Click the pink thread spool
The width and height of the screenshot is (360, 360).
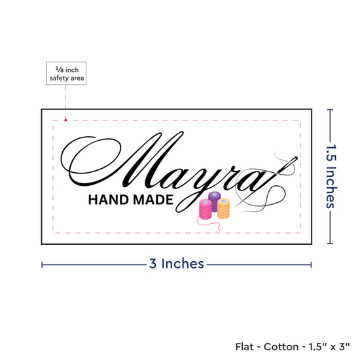[x=206, y=209]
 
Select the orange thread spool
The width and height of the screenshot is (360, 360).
[x=223, y=208]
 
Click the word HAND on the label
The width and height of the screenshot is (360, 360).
[x=109, y=200]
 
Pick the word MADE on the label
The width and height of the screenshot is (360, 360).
[x=153, y=200]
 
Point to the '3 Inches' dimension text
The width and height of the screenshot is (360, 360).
[x=176, y=264]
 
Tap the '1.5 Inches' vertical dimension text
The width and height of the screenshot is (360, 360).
[x=331, y=176]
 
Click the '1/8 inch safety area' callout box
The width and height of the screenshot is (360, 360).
[x=66, y=73]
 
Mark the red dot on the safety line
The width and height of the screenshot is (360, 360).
[x=65, y=120]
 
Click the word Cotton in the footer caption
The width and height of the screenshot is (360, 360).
[x=281, y=347]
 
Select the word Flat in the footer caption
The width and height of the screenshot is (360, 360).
[x=245, y=347]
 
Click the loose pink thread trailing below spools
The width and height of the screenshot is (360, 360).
[x=207, y=223]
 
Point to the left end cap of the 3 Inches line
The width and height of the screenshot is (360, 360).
[x=42, y=264]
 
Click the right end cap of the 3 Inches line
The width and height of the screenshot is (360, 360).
[x=311, y=264]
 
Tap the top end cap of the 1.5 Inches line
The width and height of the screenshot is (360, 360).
[x=330, y=110]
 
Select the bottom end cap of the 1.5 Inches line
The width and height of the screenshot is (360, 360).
[x=330, y=243]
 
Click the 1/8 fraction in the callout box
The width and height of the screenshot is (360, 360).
[x=60, y=69]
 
